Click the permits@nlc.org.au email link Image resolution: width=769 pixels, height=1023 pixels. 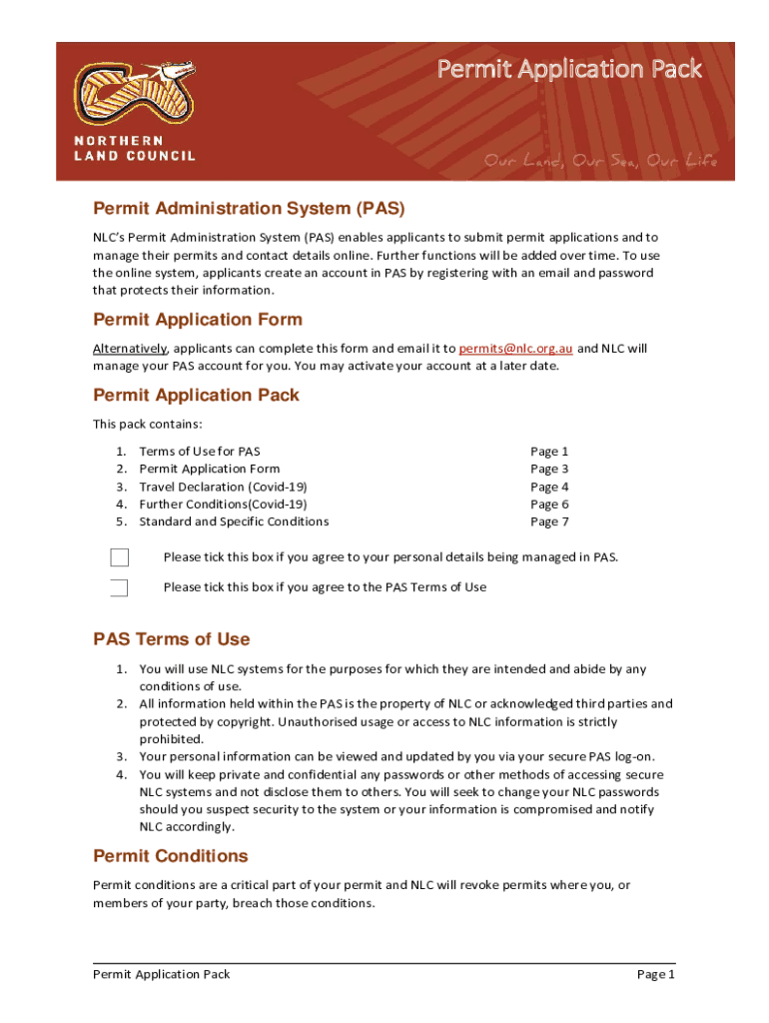pyautogui.click(x=515, y=349)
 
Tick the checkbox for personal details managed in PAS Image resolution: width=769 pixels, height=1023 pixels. pyautogui.click(x=119, y=557)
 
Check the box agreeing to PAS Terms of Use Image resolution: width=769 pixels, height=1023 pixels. pyautogui.click(x=119, y=587)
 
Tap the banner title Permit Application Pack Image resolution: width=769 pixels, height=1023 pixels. pyautogui.click(x=569, y=69)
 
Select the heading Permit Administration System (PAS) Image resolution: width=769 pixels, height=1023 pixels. pyautogui.click(x=249, y=209)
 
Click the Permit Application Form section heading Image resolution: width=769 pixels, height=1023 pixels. pyautogui.click(x=198, y=320)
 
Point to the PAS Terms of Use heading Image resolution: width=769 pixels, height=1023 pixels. pyautogui.click(x=172, y=639)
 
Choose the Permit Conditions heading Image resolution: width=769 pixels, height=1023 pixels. pyautogui.click(x=171, y=856)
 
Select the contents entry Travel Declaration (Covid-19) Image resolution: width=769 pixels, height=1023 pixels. pyautogui.click(x=223, y=487)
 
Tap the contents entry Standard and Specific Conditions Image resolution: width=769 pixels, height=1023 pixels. pyautogui.click(x=234, y=521)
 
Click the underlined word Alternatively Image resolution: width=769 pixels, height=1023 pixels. pyautogui.click(x=130, y=349)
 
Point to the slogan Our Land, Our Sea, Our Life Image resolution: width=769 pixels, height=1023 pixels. pyautogui.click(x=600, y=161)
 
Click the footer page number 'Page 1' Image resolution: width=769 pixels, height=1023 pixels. pyautogui.click(x=656, y=974)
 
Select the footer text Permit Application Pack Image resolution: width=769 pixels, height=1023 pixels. pyautogui.click(x=162, y=974)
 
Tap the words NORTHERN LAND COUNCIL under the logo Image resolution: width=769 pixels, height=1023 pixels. pyautogui.click(x=135, y=148)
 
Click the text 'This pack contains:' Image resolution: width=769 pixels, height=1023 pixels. pyautogui.click(x=148, y=424)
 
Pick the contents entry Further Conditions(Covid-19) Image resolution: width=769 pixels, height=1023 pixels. pyautogui.click(x=223, y=505)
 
